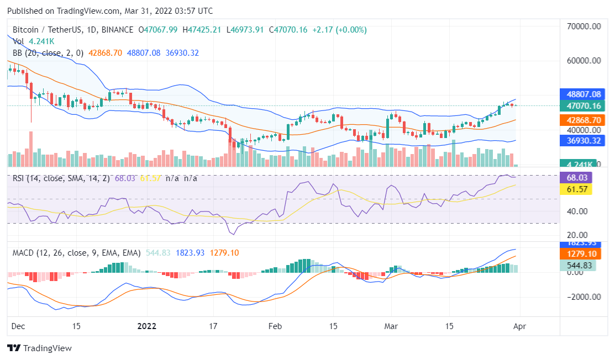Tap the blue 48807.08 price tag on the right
pyautogui.click(x=580, y=94)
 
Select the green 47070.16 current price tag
pyautogui.click(x=580, y=106)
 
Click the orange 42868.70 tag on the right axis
pyautogui.click(x=580, y=120)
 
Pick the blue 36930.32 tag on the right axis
pyautogui.click(x=580, y=141)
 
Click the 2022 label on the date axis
pyautogui.click(x=148, y=326)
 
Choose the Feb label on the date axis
pyautogui.click(x=275, y=326)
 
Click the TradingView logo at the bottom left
pyautogui.click(x=39, y=348)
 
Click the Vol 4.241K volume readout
pyautogui.click(x=34, y=41)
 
